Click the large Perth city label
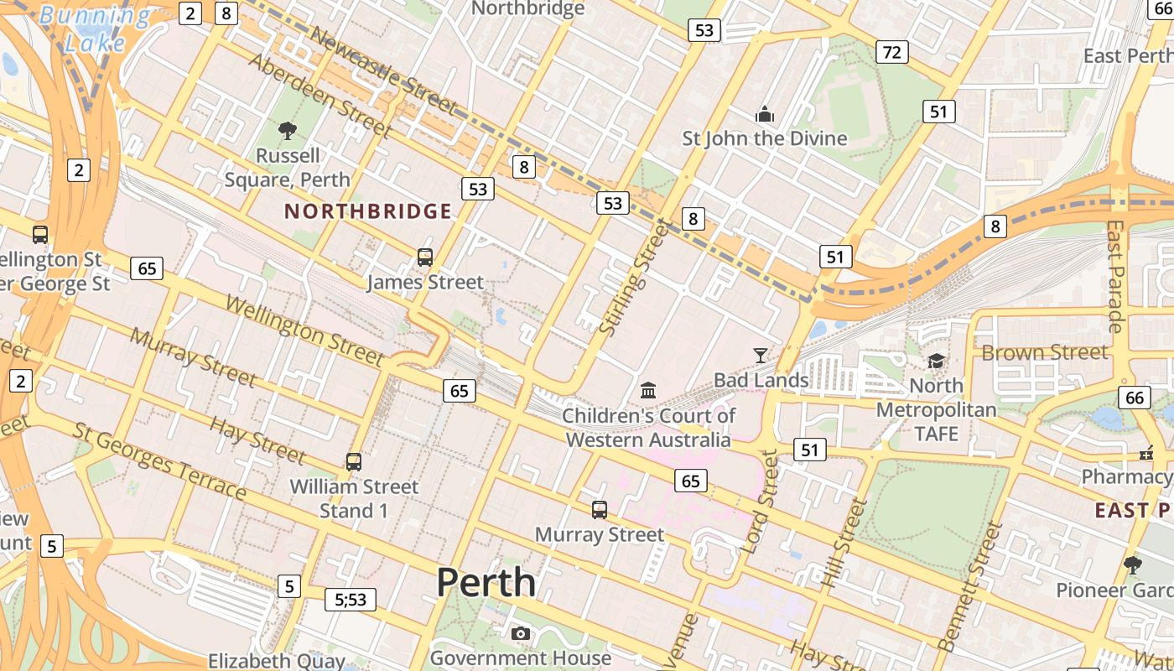[486, 582]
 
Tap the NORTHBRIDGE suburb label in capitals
[368, 211]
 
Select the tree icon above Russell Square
[288, 130]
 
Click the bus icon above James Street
[425, 257]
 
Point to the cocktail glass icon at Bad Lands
[760, 355]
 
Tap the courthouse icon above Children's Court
[648, 390]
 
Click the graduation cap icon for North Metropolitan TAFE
[936, 361]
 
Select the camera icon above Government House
[521, 633]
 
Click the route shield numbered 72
[892, 53]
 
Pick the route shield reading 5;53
[351, 599]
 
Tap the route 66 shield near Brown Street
[1135, 398]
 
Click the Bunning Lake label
[95, 28]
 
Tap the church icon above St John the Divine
[764, 113]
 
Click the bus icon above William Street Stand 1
[354, 461]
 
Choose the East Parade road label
[1115, 277]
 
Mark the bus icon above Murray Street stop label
[600, 509]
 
